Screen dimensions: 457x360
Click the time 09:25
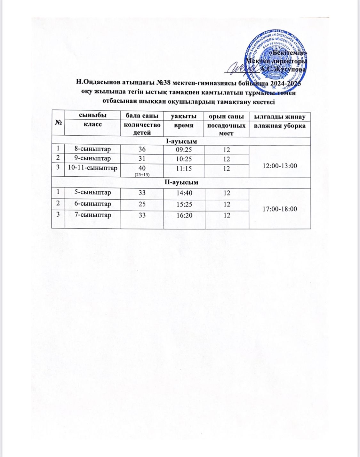(184, 149)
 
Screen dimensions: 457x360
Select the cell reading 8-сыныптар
(92, 149)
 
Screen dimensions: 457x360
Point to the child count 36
(142, 149)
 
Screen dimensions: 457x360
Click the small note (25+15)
(142, 174)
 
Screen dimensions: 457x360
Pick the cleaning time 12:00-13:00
(280, 166)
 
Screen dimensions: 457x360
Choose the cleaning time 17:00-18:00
(280, 209)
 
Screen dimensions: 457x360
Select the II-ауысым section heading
(181, 182)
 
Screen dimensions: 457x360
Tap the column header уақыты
(184, 116)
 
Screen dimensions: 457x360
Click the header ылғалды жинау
(280, 116)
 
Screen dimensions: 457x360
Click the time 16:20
(184, 215)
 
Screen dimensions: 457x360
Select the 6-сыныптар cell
(92, 204)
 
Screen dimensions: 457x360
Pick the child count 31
(142, 159)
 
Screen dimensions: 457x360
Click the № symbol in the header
(58, 123)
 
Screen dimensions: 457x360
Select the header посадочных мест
(227, 129)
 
